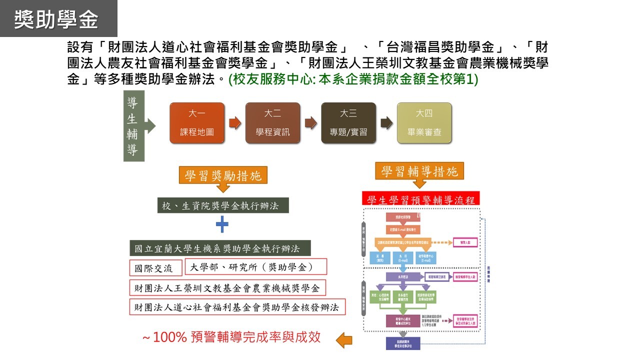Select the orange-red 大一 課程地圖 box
point(197,123)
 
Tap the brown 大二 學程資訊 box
point(272,123)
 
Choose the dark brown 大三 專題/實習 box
point(348,123)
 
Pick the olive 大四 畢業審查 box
point(424,123)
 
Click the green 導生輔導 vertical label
point(133,127)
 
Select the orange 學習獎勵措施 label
point(223,175)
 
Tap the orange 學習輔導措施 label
point(419,172)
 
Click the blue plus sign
point(222,225)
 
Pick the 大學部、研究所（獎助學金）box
point(255,267)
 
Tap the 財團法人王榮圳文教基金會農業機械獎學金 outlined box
point(227,288)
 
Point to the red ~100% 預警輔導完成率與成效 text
point(231,337)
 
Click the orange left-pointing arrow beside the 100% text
point(344,341)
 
